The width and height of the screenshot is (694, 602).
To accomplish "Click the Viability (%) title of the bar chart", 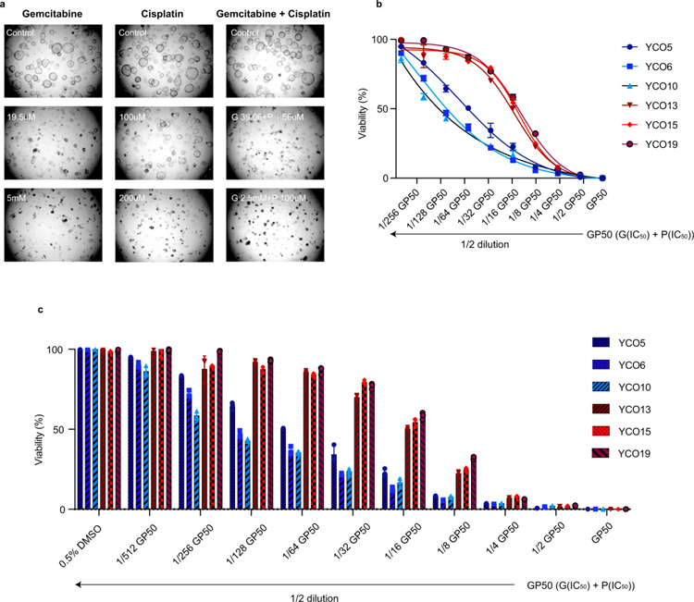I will (x=42, y=430).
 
